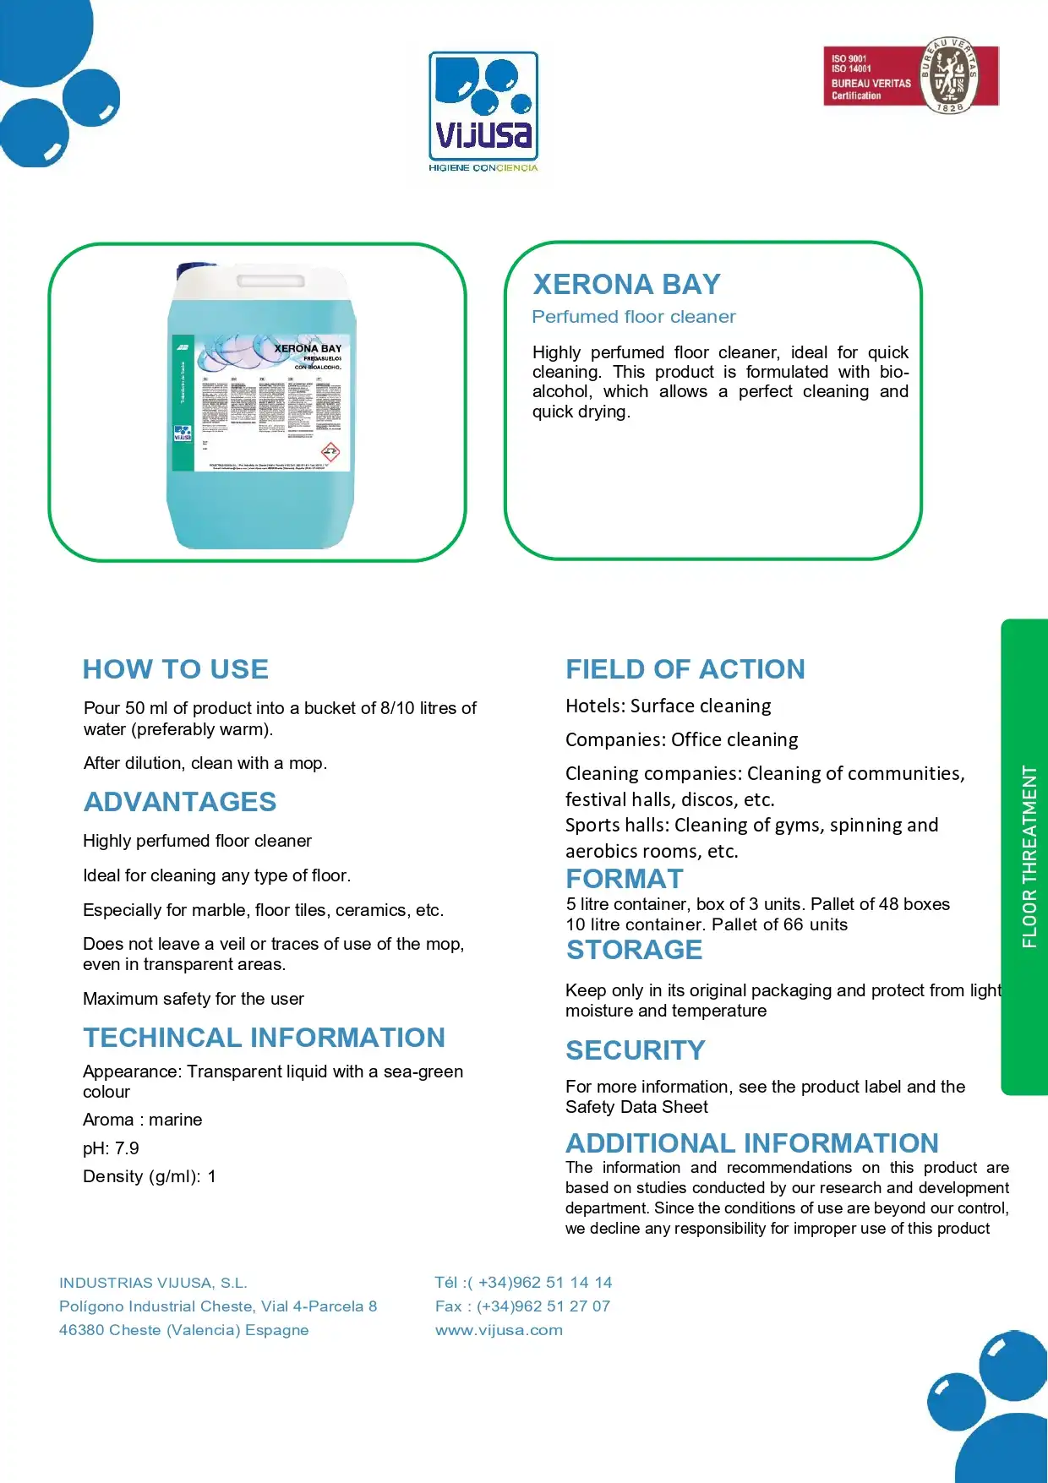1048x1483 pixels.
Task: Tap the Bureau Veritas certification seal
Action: [x=948, y=76]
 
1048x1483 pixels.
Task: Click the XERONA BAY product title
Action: [x=626, y=284]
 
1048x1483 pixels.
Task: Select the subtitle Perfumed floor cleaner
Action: [x=633, y=317]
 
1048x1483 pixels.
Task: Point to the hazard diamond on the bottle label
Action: [x=330, y=451]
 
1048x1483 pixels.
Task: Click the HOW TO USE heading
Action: [x=176, y=669]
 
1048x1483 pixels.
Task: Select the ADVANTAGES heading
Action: [x=180, y=802]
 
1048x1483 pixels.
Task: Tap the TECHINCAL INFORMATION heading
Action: [x=264, y=1038]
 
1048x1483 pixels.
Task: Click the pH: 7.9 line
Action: [x=111, y=1148]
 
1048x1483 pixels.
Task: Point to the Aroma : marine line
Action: [x=142, y=1120]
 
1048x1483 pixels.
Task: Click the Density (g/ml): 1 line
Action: [x=149, y=1176]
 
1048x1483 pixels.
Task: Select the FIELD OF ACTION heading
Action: [x=685, y=669]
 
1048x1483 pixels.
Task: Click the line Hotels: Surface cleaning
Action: [x=668, y=706]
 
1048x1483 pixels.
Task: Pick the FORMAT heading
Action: [x=624, y=879]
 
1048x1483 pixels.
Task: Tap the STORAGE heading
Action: [x=634, y=950]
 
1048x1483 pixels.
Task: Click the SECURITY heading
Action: [x=635, y=1050]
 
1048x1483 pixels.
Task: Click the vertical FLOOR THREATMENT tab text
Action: [x=1029, y=856]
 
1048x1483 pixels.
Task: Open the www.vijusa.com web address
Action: [x=499, y=1330]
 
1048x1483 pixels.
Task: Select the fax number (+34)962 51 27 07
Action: [x=543, y=1306]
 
